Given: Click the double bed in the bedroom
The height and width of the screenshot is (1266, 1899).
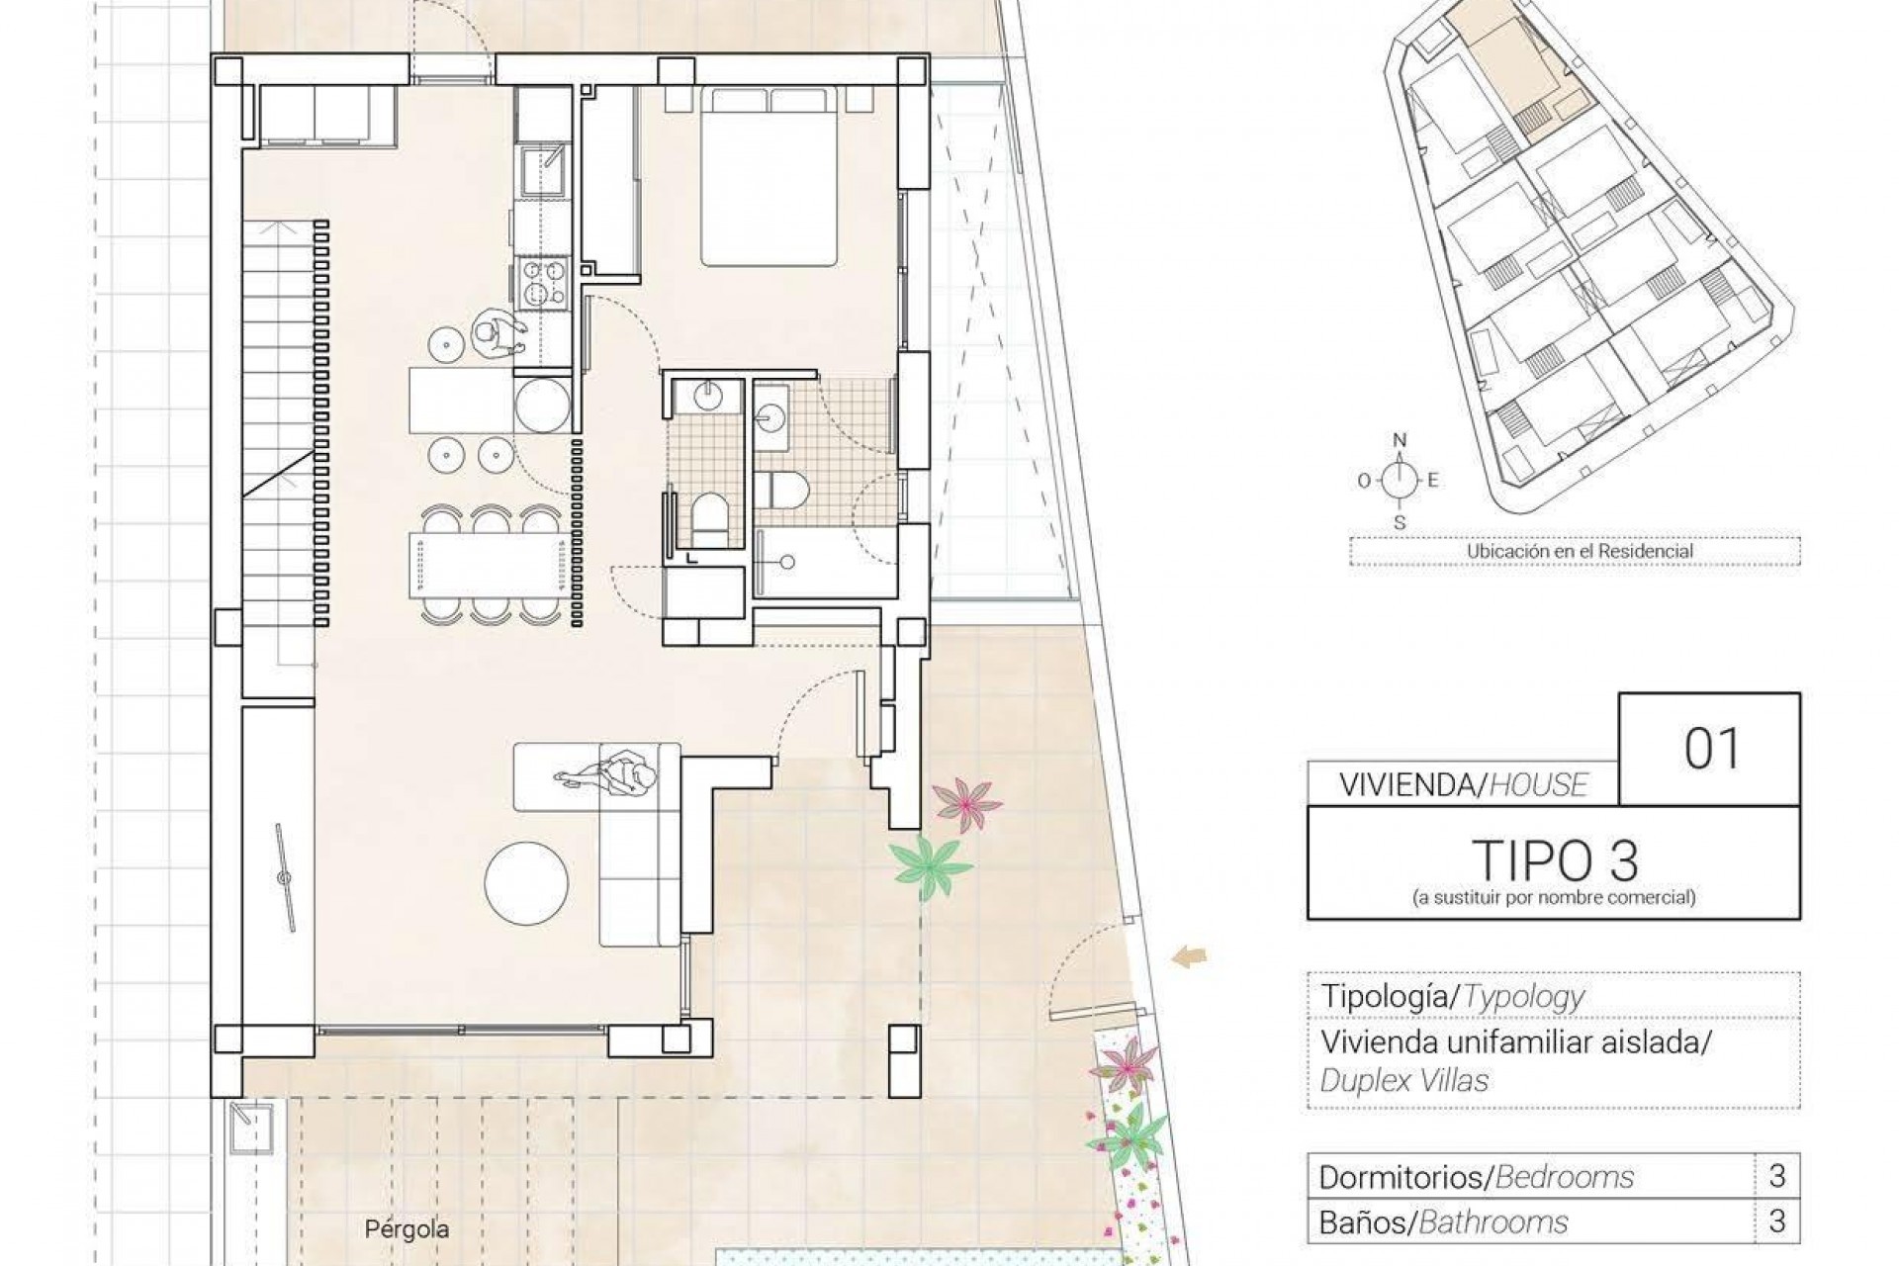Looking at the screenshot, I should [x=769, y=178].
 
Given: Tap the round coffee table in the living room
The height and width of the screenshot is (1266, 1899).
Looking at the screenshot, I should [x=526, y=883].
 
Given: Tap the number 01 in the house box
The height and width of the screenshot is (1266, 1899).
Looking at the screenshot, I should [x=1711, y=749].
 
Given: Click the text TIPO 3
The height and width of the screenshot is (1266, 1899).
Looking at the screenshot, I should [x=1555, y=860].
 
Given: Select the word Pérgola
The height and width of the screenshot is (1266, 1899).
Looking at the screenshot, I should [x=407, y=1229].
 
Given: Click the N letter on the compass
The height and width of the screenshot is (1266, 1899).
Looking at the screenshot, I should [x=1399, y=440].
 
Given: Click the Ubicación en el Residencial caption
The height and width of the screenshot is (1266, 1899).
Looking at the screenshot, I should [x=1580, y=551].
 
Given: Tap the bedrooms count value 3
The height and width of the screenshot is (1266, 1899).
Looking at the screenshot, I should [x=1776, y=1176].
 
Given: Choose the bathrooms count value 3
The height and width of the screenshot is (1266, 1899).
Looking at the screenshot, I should [x=1776, y=1221].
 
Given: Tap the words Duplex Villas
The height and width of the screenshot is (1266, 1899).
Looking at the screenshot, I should [x=1403, y=1080].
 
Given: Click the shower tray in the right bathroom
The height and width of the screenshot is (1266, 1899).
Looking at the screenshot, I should [x=826, y=562].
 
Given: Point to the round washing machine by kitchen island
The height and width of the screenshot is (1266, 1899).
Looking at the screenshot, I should [x=542, y=406].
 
